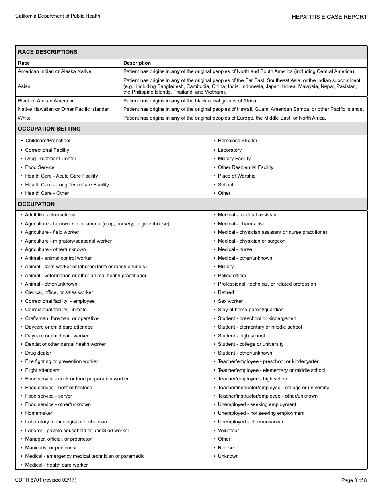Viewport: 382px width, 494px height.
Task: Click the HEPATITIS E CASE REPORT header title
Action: tap(329, 17)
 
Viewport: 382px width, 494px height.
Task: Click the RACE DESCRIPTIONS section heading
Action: tap(47, 52)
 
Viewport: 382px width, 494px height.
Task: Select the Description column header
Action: tap(137, 63)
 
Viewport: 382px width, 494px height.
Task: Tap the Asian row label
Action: tap(24, 86)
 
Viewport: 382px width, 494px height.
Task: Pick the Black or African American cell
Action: tap(46, 101)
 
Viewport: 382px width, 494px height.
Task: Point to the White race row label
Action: tap(24, 118)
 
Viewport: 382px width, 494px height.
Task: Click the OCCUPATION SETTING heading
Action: tap(49, 129)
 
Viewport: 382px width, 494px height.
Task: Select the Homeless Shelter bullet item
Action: tap(237, 141)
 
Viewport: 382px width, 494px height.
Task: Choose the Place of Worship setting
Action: tap(236, 176)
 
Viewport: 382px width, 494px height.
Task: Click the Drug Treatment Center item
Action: tap(50, 159)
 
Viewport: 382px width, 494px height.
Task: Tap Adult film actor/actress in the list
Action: tap(50, 215)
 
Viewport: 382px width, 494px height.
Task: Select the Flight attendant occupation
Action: tap(42, 370)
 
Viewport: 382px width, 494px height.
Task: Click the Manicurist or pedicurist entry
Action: tap(51, 448)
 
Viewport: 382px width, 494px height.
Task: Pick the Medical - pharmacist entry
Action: tap(241, 224)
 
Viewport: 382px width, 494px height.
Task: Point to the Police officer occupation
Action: tap(232, 276)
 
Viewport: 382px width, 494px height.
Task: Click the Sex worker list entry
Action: tap(230, 301)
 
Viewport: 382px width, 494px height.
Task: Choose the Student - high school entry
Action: tap(241, 336)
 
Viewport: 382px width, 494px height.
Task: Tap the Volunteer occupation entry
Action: tap(228, 431)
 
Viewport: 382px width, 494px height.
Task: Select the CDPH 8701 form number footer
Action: tap(45, 480)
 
